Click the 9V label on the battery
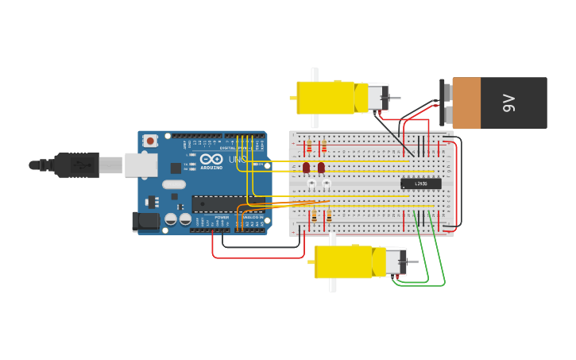[509, 103]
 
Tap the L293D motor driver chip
[420, 184]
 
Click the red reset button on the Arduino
[150, 141]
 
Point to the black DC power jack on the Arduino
[145, 221]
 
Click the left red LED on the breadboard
[306, 167]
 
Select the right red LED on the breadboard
[321, 167]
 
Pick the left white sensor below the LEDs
[311, 184]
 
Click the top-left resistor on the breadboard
[309, 147]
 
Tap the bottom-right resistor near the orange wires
[329, 215]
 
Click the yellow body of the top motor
[326, 97]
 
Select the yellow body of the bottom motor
[343, 262]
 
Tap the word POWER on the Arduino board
[222, 217]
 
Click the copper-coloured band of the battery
[466, 103]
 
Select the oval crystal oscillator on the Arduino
[174, 184]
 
